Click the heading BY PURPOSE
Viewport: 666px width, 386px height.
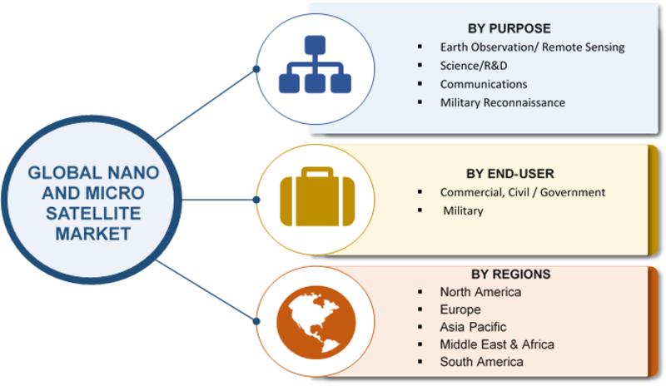[x=509, y=28]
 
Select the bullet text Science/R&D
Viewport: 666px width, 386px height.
[x=473, y=66]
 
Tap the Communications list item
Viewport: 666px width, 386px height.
[x=484, y=84]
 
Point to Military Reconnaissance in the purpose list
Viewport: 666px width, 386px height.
[x=503, y=102]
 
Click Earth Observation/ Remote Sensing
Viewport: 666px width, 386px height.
[x=532, y=47]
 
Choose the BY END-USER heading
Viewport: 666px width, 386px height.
[x=509, y=174]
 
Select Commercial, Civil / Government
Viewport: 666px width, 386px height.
[x=523, y=192]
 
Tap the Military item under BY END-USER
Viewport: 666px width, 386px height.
[x=463, y=210]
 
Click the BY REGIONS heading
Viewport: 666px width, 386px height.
[x=510, y=274]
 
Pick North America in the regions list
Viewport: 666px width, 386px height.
[x=480, y=292]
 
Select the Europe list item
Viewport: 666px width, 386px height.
[x=460, y=309]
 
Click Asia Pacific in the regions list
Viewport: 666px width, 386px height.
[x=473, y=327]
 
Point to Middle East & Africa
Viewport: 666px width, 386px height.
[x=497, y=344]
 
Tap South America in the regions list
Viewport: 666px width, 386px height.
[x=481, y=362]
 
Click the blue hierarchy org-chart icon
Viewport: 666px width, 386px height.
[x=315, y=64]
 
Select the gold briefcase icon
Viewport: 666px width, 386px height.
[x=317, y=196]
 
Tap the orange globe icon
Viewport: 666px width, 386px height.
[x=316, y=322]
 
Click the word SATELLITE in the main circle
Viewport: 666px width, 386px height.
[x=93, y=213]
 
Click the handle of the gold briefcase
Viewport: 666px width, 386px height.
[x=317, y=172]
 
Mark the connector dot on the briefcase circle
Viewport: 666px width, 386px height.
[x=256, y=200]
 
